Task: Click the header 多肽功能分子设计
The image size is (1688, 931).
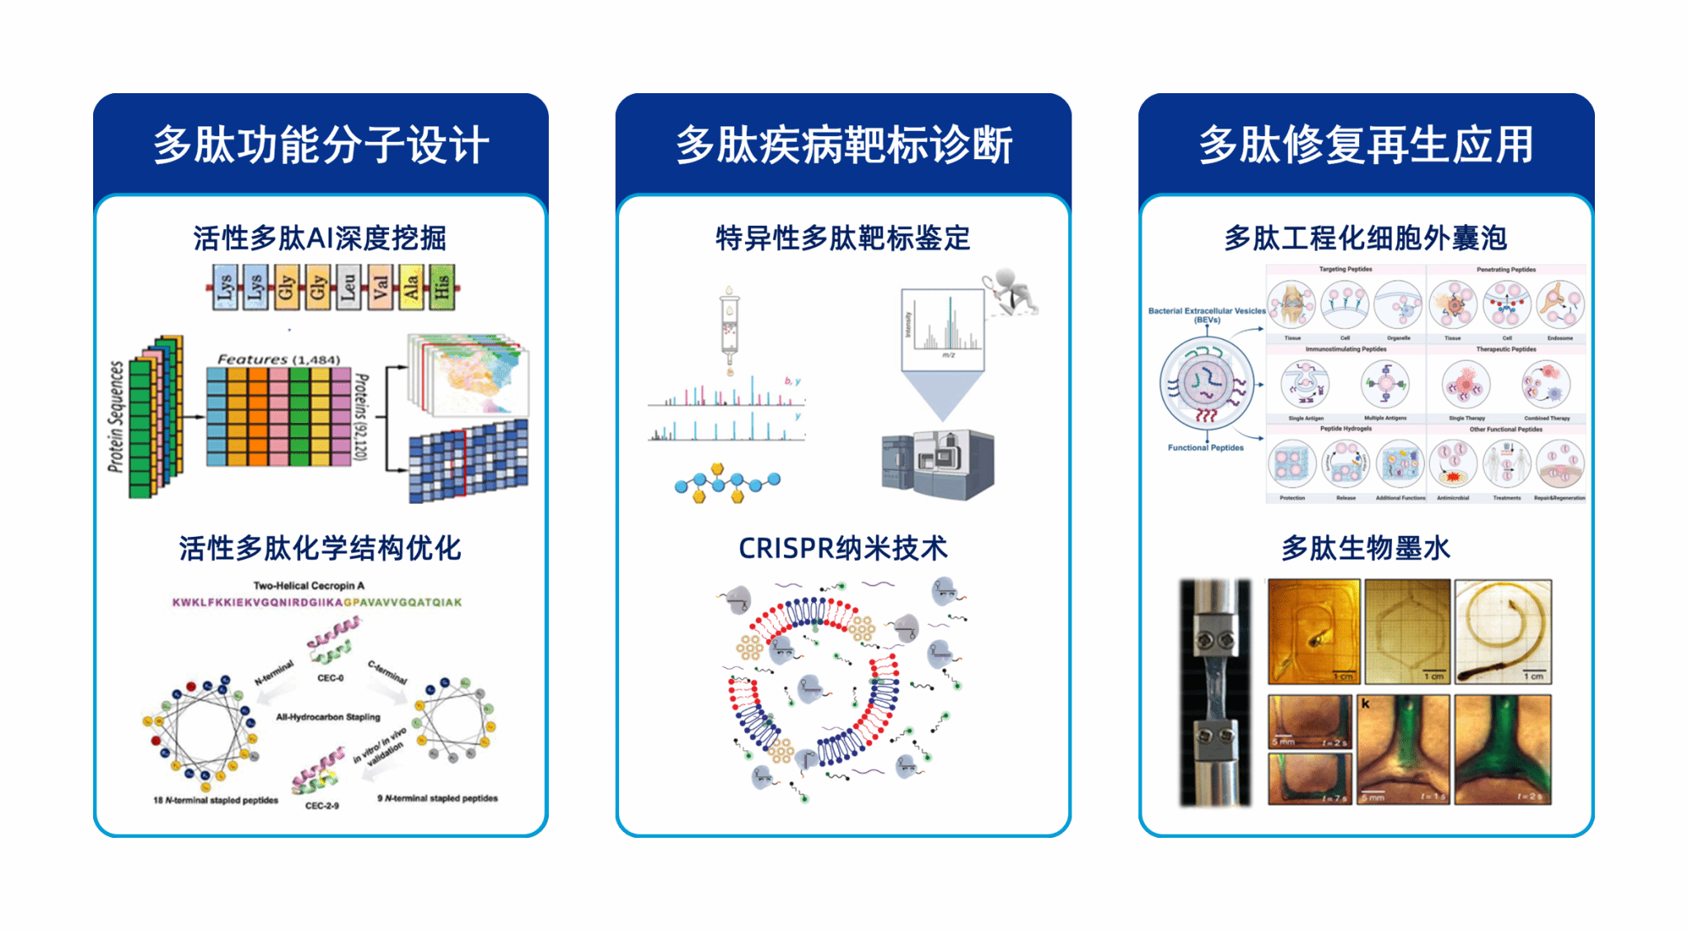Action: [321, 145]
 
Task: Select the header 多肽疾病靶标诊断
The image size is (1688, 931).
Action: [843, 145]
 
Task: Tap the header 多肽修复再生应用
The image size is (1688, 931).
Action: [1366, 145]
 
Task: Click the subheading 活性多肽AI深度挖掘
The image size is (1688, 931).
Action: [320, 238]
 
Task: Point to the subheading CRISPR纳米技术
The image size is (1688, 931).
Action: [842, 548]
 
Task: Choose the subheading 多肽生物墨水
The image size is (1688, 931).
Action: [1365, 548]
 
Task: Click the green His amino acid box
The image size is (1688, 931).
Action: [442, 287]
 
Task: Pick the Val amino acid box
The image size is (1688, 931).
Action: [380, 287]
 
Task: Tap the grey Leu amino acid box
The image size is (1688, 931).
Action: [349, 287]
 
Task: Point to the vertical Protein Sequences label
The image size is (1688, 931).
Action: [116, 416]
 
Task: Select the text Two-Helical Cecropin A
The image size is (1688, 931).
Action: [308, 585]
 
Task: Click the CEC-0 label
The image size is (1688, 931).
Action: [331, 678]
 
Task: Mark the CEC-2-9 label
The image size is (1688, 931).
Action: [322, 806]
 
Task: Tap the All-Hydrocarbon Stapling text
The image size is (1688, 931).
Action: [328, 717]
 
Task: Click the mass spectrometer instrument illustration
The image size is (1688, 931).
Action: [938, 463]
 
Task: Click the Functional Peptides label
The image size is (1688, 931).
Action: [1205, 448]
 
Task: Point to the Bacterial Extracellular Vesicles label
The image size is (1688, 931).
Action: [1207, 314]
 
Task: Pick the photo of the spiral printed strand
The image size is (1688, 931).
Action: [1503, 632]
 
